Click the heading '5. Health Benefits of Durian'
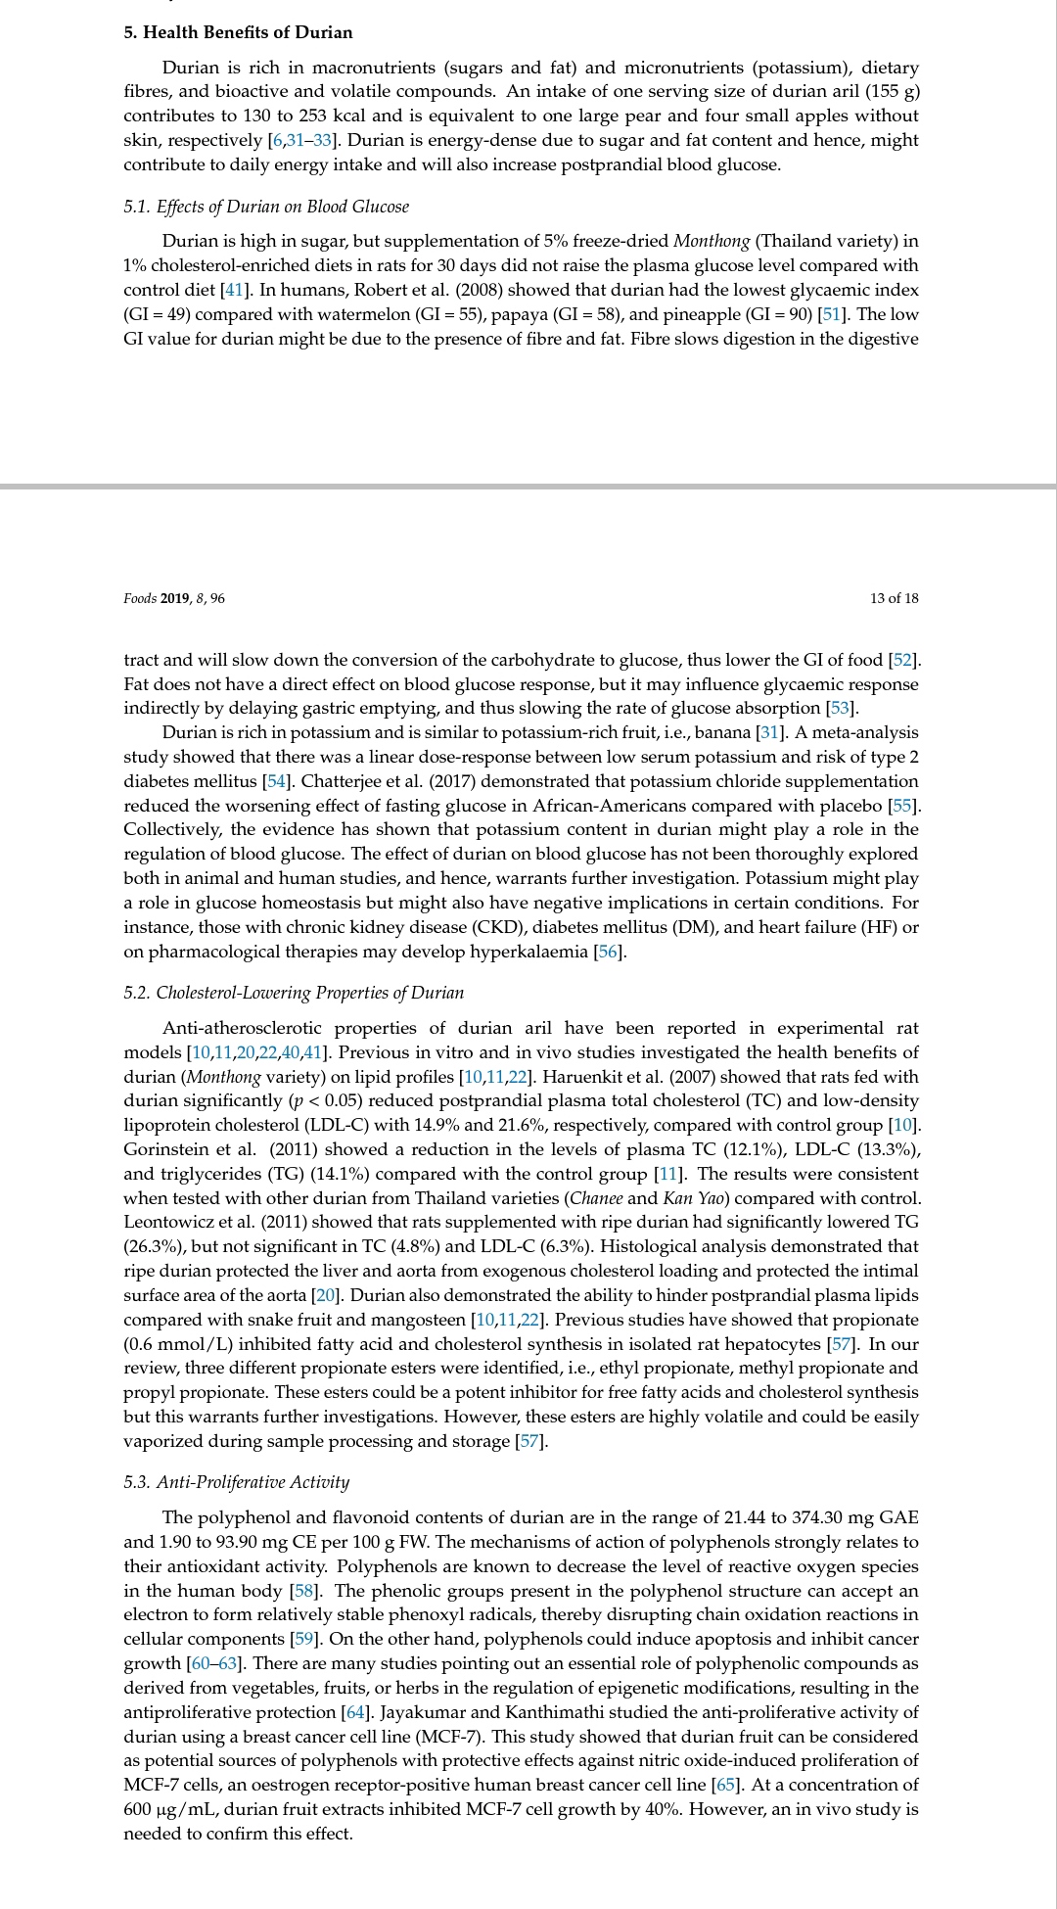(238, 32)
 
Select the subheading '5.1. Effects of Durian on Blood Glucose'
(266, 207)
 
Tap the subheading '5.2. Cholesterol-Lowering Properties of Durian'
(294, 993)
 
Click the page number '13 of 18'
(894, 598)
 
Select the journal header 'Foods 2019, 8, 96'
(173, 598)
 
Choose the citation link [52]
(903, 660)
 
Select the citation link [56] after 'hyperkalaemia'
(609, 952)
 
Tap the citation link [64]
(356, 1712)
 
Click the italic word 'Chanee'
(595, 1198)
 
